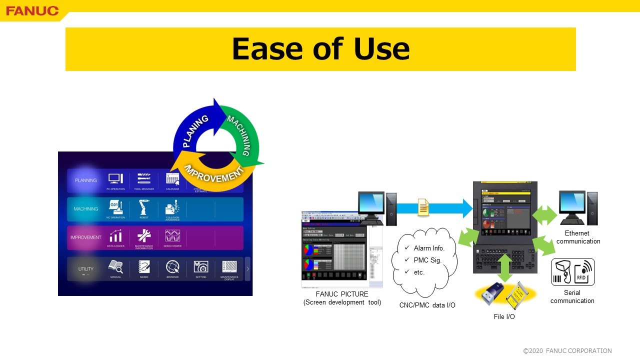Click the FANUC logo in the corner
tap(32, 10)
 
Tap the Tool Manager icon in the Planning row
tap(143, 179)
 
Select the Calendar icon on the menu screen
tap(172, 179)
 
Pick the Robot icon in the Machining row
tap(144, 207)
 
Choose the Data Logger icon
tap(115, 236)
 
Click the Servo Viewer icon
tap(172, 236)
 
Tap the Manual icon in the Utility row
tap(115, 267)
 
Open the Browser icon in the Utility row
tap(172, 267)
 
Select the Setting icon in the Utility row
tap(201, 267)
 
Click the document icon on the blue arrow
tap(423, 207)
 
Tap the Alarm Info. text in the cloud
tap(429, 248)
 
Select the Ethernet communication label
tap(577, 237)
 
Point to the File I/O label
tap(504, 316)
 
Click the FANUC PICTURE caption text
tap(342, 294)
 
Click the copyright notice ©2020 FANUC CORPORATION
tap(567, 351)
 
